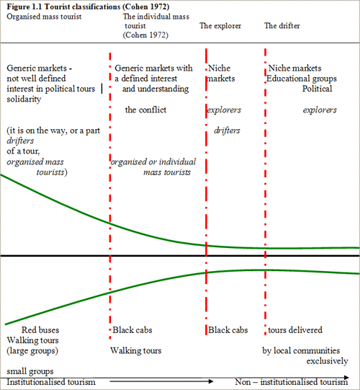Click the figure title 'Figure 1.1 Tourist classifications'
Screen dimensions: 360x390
click(x=64, y=6)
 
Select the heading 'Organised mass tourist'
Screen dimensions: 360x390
click(x=44, y=17)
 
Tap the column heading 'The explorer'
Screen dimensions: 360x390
click(x=220, y=26)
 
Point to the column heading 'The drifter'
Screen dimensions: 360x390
click(x=282, y=26)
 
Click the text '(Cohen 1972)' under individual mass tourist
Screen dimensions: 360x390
click(x=145, y=35)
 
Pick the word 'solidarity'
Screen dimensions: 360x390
click(x=24, y=99)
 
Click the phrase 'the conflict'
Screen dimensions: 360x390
click(x=145, y=110)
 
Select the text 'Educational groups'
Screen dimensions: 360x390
click(x=302, y=79)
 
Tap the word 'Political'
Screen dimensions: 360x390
click(x=317, y=89)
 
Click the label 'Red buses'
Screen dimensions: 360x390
click(x=40, y=330)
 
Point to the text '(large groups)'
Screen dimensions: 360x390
click(x=32, y=351)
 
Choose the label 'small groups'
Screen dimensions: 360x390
click(x=30, y=371)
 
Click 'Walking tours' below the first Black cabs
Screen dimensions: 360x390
click(x=136, y=350)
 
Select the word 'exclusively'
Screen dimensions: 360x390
click(x=327, y=361)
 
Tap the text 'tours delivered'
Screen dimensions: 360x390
click(x=295, y=330)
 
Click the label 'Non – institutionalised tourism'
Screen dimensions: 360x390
click(x=292, y=382)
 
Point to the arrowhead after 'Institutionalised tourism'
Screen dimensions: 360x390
click(x=211, y=381)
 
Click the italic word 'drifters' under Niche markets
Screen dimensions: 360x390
click(x=227, y=130)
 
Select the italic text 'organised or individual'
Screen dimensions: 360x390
click(x=153, y=162)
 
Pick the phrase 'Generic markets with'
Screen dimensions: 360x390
click(x=153, y=68)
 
